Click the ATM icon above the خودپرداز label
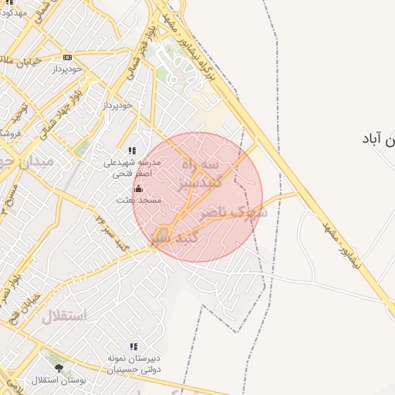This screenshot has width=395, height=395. [68, 58]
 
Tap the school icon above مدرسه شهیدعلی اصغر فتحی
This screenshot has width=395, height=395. [132, 151]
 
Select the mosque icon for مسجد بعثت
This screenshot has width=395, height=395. [138, 187]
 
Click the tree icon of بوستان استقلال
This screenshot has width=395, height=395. [59, 368]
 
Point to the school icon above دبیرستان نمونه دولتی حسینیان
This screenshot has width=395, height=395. [133, 348]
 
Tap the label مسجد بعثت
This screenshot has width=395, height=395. [138, 200]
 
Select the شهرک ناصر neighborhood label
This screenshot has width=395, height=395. [232, 212]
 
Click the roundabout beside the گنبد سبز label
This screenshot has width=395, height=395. [162, 235]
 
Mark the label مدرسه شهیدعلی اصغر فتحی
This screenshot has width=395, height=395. [133, 168]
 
